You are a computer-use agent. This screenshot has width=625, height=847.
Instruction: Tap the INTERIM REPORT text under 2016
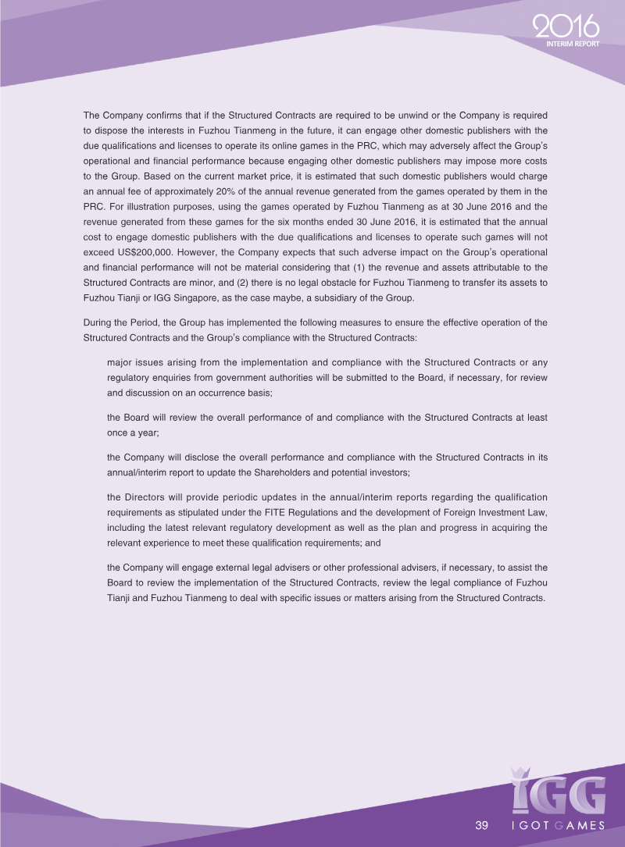573,44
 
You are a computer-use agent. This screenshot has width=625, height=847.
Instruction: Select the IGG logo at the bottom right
558,790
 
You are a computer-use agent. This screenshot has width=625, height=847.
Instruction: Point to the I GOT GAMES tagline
557,826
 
